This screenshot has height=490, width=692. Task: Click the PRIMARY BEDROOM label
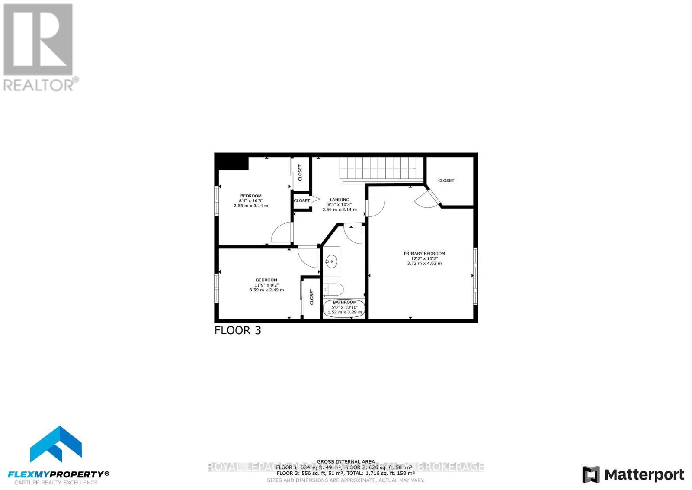coord(424,254)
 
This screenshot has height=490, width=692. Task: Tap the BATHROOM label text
coord(345,302)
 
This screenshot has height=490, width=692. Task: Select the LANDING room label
coord(340,200)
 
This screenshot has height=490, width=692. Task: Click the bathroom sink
coord(332,261)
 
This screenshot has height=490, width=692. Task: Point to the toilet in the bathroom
coord(333,288)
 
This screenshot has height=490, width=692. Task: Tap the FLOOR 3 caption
coord(238,331)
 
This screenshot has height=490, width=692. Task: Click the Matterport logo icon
coord(591,474)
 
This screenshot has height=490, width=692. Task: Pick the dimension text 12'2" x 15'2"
coord(424,258)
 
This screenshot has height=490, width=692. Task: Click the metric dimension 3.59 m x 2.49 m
coord(266,290)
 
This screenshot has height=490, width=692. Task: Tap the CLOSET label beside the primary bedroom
coord(446,181)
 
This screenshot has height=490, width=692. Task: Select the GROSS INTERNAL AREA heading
coord(346,461)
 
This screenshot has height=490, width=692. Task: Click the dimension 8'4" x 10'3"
coord(251,201)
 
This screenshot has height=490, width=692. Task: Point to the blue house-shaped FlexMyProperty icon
coord(56,444)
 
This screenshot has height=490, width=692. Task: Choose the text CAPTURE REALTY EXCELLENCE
coord(56,482)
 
